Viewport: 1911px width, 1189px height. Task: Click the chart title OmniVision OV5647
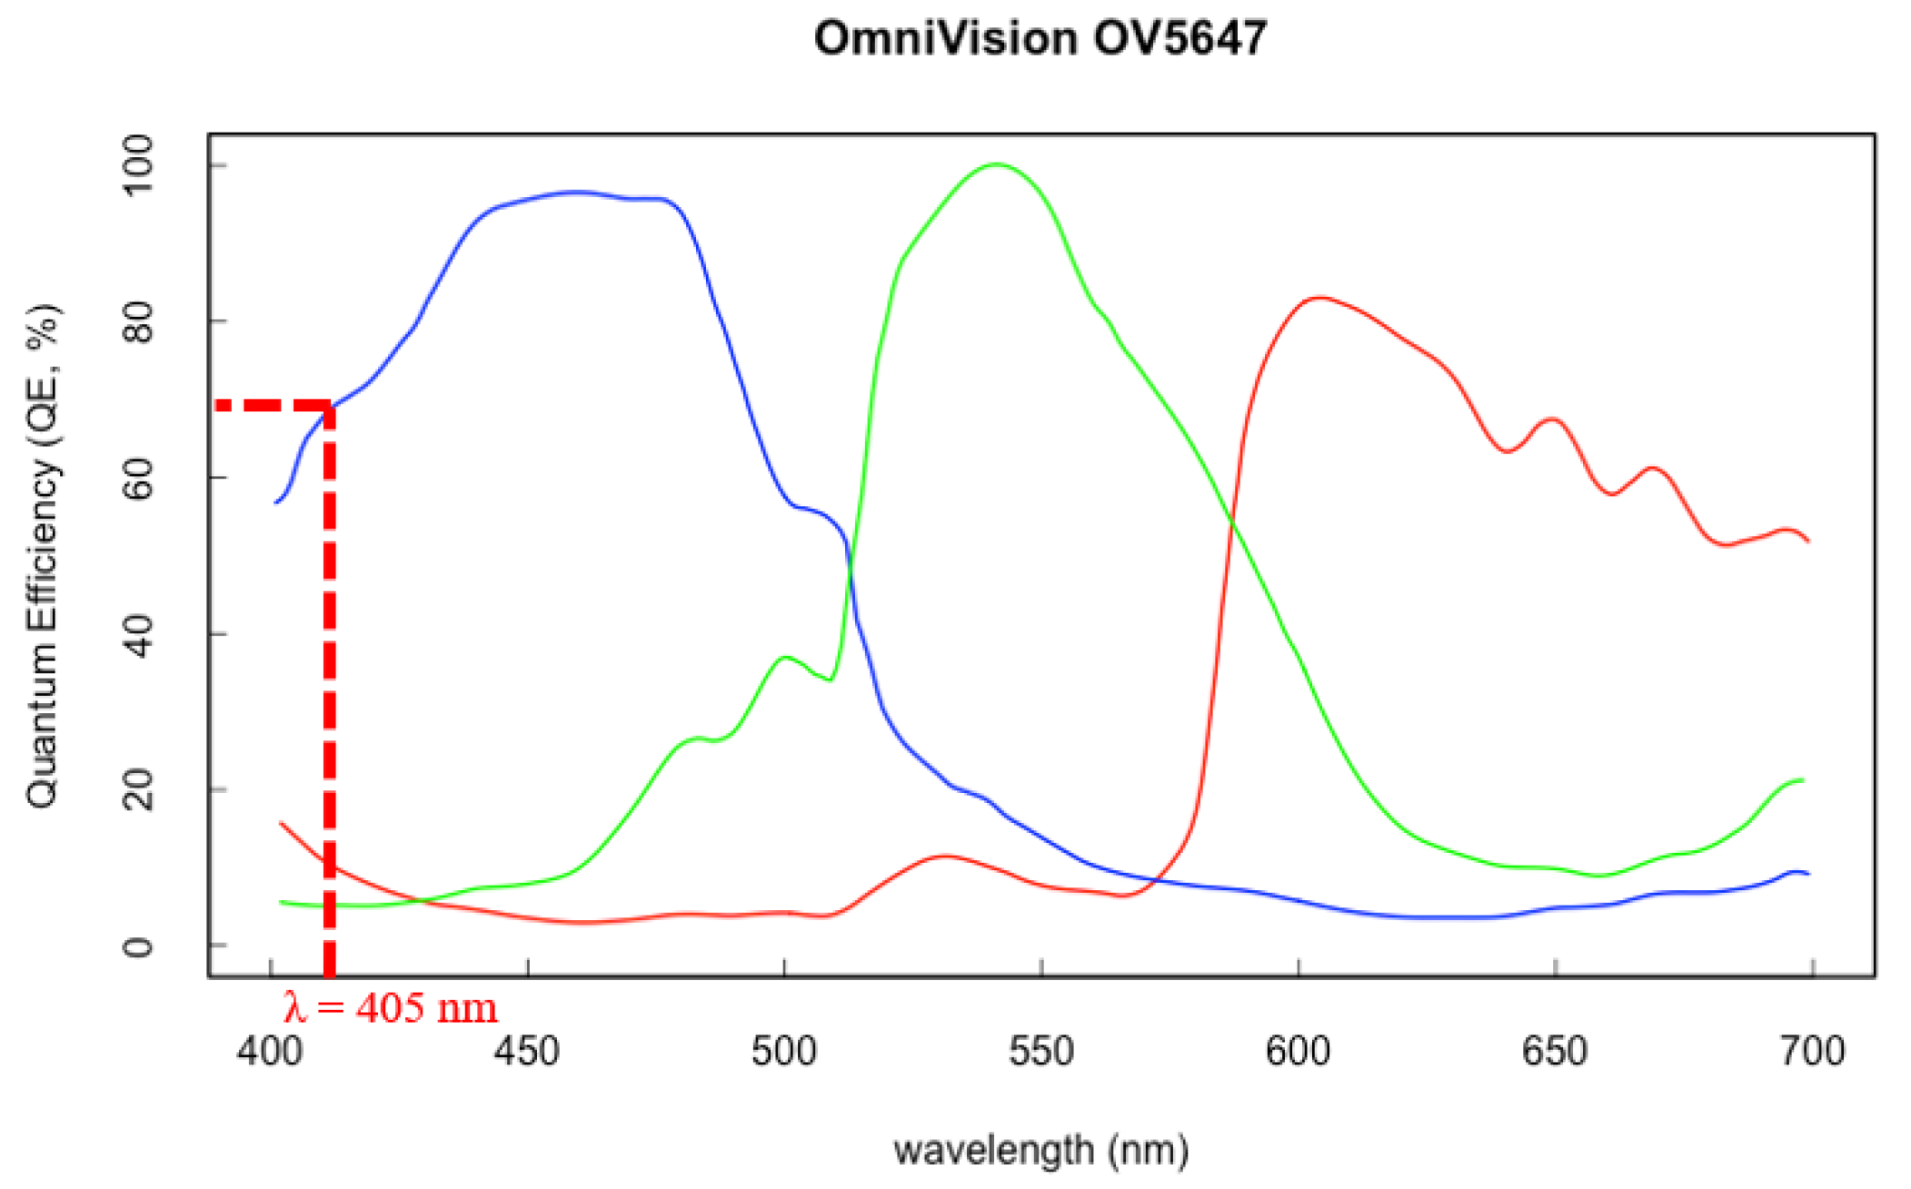[1040, 38]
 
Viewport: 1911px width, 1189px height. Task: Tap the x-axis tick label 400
[270, 1051]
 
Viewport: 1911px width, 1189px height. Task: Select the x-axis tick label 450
[527, 1051]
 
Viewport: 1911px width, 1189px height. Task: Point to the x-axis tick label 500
[783, 1051]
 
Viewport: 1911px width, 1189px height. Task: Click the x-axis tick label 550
[1041, 1051]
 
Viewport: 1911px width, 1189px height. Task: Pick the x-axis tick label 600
[1298, 1051]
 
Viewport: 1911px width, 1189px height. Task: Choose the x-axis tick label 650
[1555, 1051]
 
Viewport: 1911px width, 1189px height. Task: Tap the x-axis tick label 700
[1812, 1051]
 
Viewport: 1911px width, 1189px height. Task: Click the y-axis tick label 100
[139, 165]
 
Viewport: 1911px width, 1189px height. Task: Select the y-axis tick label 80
[139, 322]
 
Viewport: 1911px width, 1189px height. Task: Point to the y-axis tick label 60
[139, 478]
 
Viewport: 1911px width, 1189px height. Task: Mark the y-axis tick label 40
[139, 634]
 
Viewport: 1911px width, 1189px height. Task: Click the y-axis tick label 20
[139, 789]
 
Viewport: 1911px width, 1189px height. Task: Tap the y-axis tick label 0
[139, 946]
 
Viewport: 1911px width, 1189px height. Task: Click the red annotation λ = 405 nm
[391, 1007]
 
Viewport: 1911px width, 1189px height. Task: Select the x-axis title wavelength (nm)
[1040, 1150]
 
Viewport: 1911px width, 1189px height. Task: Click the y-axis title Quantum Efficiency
[44, 554]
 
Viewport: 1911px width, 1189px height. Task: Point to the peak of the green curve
[996, 164]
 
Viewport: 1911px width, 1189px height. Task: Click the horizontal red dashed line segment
[273, 404]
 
